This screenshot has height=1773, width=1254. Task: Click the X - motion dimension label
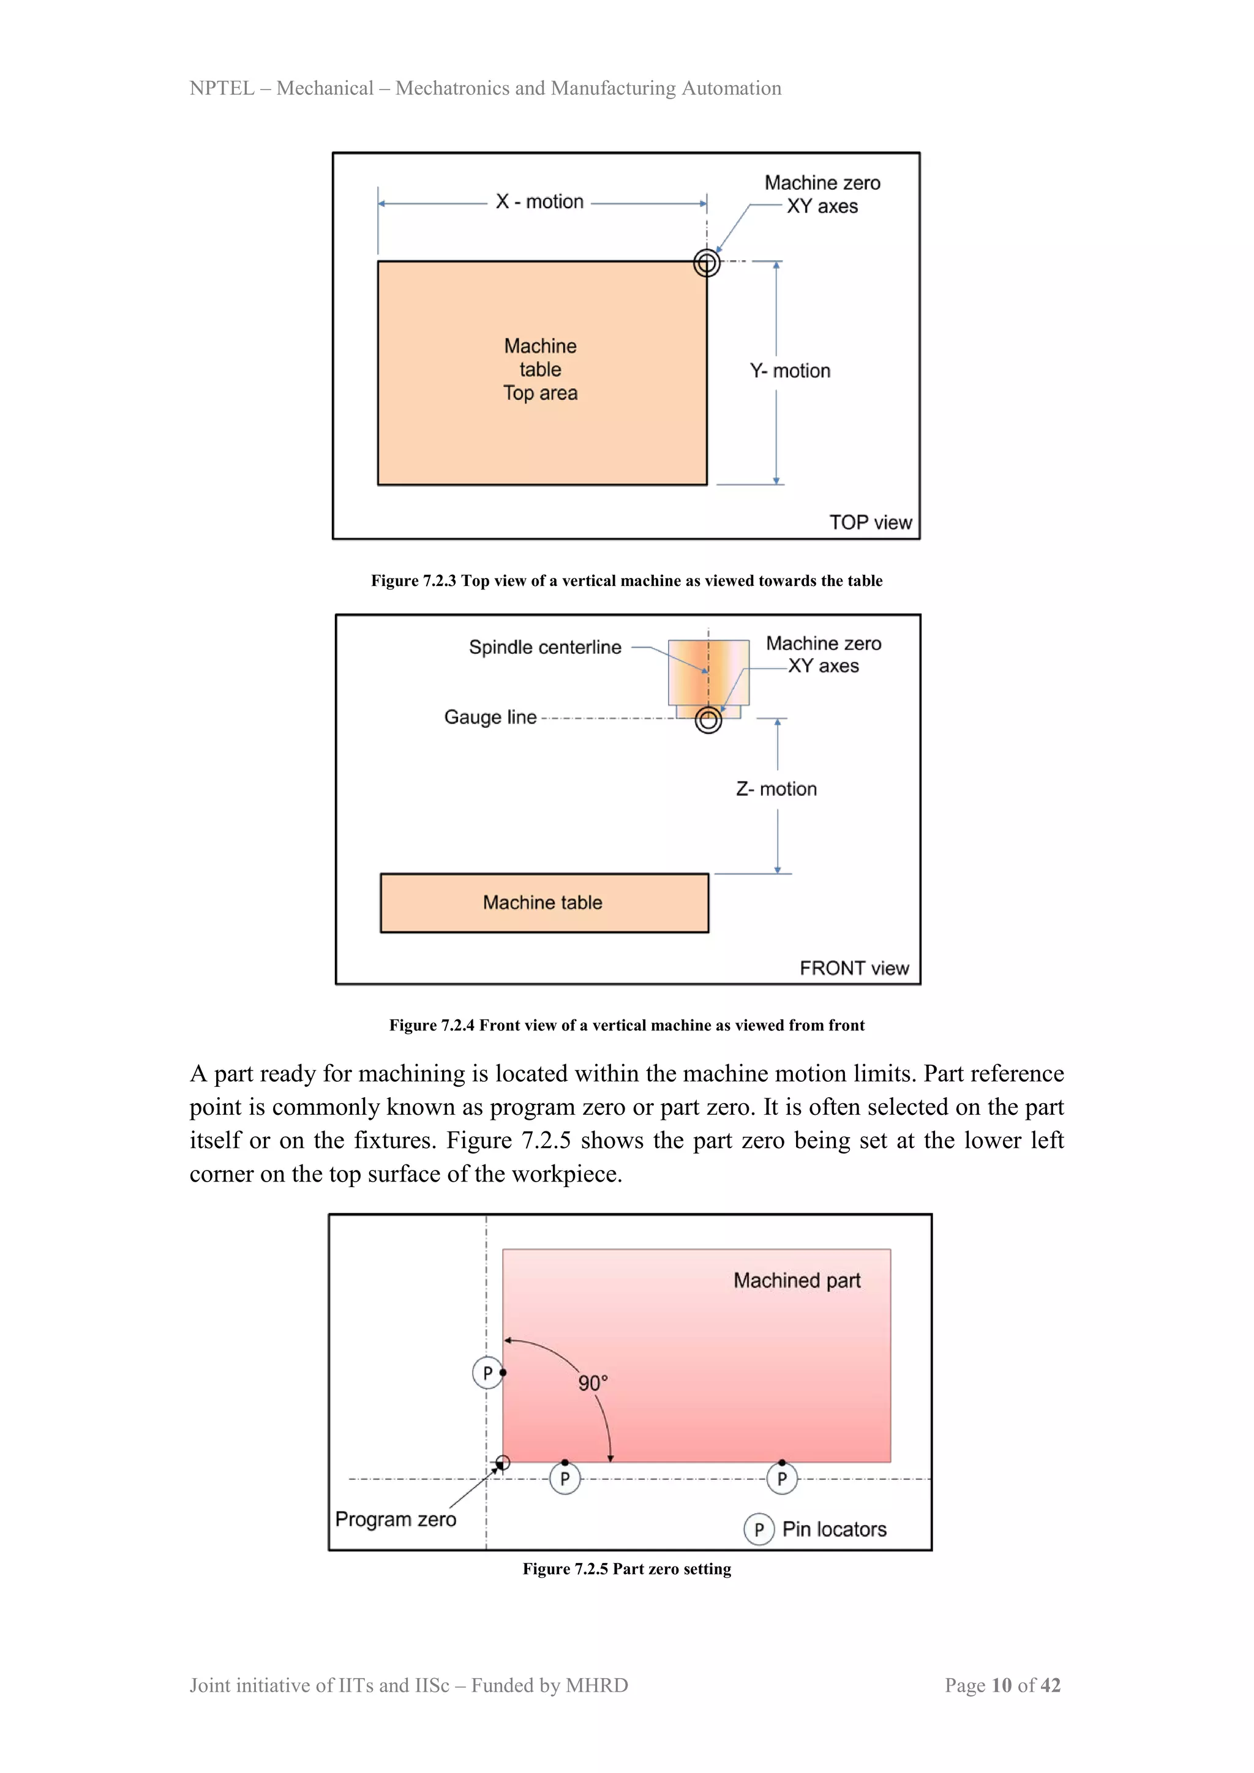(x=539, y=201)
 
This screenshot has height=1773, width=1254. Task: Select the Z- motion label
(x=776, y=789)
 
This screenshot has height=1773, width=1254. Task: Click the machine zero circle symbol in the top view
(x=707, y=263)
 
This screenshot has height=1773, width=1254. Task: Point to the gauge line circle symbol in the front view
(x=708, y=720)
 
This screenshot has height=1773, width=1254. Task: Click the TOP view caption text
(x=870, y=523)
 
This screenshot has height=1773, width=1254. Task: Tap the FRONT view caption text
(x=854, y=969)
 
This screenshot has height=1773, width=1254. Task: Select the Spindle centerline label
(x=544, y=647)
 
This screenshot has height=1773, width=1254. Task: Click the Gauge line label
(x=490, y=717)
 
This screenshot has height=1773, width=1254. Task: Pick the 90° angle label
(x=593, y=1383)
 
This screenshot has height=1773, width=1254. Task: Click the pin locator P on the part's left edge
(x=487, y=1373)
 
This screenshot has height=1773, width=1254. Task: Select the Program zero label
(x=396, y=1519)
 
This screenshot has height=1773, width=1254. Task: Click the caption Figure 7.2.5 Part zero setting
(x=626, y=1569)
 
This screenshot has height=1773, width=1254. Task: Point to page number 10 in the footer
(x=1002, y=1685)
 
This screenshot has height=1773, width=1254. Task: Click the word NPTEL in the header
(x=222, y=88)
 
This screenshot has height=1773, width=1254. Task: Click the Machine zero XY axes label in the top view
(x=822, y=195)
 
